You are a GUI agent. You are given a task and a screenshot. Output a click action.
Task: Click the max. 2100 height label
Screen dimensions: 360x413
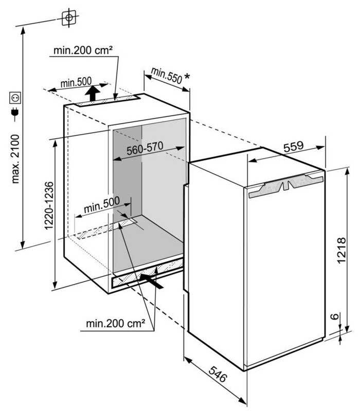pyautogui.click(x=15, y=159)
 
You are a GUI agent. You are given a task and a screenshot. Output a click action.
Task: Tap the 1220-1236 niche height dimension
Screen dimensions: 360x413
pyautogui.click(x=49, y=205)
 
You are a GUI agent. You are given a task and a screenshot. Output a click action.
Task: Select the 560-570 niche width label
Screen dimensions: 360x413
pyautogui.click(x=145, y=148)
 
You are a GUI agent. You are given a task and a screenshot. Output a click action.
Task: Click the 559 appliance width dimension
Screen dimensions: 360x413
pyautogui.click(x=294, y=146)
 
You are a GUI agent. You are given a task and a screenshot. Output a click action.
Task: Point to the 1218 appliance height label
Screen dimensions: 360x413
pyautogui.click(x=341, y=250)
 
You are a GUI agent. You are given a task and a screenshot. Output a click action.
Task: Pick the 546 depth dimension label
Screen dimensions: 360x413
pyautogui.click(x=218, y=374)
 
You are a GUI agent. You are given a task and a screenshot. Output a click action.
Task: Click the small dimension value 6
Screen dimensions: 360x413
pyautogui.click(x=335, y=316)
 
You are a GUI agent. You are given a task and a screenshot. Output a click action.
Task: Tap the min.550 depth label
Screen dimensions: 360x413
pyautogui.click(x=167, y=76)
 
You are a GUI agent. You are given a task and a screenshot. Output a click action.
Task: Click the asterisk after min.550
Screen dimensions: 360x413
pyautogui.click(x=187, y=77)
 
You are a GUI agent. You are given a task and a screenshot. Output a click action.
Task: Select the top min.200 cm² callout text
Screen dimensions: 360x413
pyautogui.click(x=83, y=50)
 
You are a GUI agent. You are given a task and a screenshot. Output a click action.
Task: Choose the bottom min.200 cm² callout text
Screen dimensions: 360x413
pyautogui.click(x=116, y=323)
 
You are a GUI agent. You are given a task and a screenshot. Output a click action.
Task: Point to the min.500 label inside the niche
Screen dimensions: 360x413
pyautogui.click(x=101, y=204)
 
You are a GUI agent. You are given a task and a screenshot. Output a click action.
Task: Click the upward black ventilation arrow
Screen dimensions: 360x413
pyautogui.click(x=92, y=93)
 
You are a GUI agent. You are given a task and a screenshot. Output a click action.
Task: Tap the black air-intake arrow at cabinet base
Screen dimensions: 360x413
pyautogui.click(x=151, y=281)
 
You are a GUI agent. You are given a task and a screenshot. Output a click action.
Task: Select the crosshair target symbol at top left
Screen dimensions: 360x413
pyautogui.click(x=69, y=17)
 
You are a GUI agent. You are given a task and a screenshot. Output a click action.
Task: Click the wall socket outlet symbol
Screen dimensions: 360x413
pyautogui.click(x=15, y=98)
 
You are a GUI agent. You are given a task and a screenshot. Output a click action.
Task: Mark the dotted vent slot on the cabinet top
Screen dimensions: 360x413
pyautogui.click(x=107, y=101)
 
